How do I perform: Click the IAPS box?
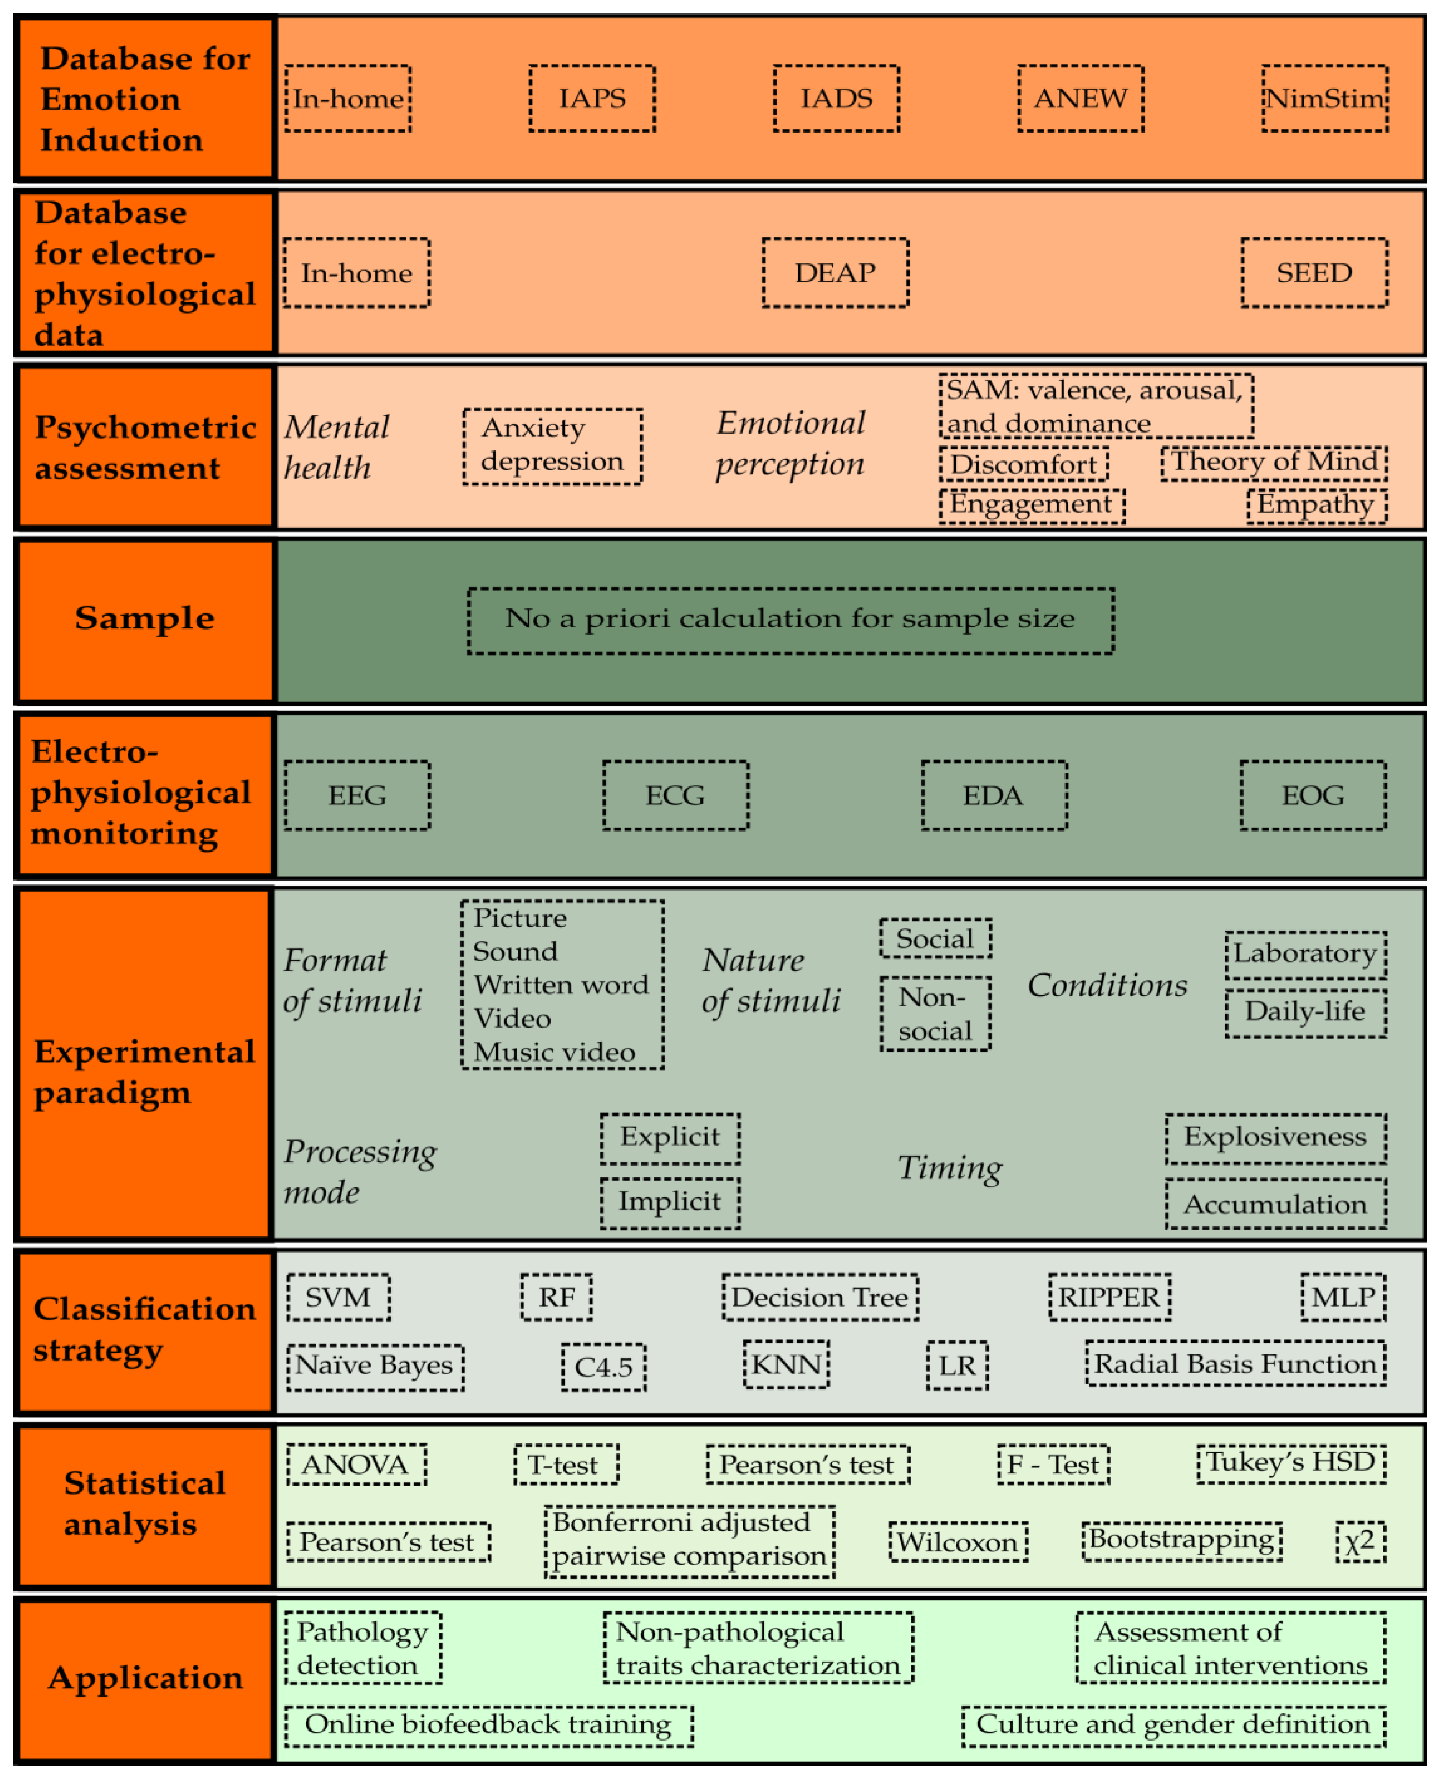point(592,98)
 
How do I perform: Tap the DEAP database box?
point(835,273)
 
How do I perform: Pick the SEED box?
point(1314,273)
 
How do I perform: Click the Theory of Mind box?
point(1273,462)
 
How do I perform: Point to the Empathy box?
point(1317,505)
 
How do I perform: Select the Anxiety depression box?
point(552,446)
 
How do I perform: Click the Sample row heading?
point(145,619)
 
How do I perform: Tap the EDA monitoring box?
point(994,795)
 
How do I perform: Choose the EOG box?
point(1313,795)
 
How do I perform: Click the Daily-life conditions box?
point(1305,1012)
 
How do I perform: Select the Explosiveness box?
point(1275,1138)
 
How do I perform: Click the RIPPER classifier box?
point(1109,1297)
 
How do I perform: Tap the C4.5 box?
point(604,1367)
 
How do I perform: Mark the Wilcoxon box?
point(958,1542)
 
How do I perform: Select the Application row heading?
point(145,1678)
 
